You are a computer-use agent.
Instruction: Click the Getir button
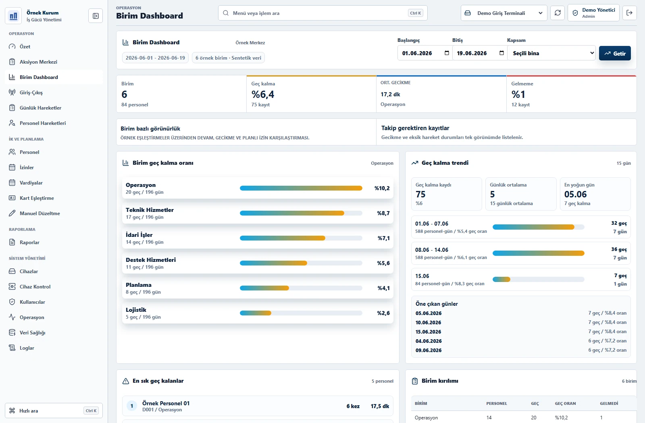point(615,53)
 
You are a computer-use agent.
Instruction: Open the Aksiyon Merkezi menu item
point(38,62)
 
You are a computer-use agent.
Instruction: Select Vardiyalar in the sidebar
point(31,183)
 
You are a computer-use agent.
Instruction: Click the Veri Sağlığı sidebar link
point(32,333)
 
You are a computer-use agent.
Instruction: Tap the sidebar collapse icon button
point(96,16)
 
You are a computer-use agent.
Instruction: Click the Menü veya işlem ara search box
point(322,13)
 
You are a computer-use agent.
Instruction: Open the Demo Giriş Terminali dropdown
point(504,13)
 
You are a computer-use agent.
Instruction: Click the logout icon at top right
point(629,13)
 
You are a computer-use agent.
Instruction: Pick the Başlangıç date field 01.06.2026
point(425,53)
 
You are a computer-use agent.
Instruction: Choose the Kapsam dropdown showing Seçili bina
point(551,53)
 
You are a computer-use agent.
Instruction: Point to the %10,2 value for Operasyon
point(382,188)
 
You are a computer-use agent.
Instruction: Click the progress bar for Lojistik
point(301,313)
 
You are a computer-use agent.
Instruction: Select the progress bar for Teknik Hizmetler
point(301,213)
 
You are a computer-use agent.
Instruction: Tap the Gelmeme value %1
point(518,94)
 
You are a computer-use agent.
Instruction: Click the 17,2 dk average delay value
point(390,94)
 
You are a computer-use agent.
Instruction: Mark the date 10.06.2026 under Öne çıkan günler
point(428,323)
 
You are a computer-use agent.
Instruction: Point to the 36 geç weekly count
point(619,249)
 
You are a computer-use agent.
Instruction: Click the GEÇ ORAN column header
point(565,403)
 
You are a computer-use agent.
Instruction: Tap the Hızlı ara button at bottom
point(54,411)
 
